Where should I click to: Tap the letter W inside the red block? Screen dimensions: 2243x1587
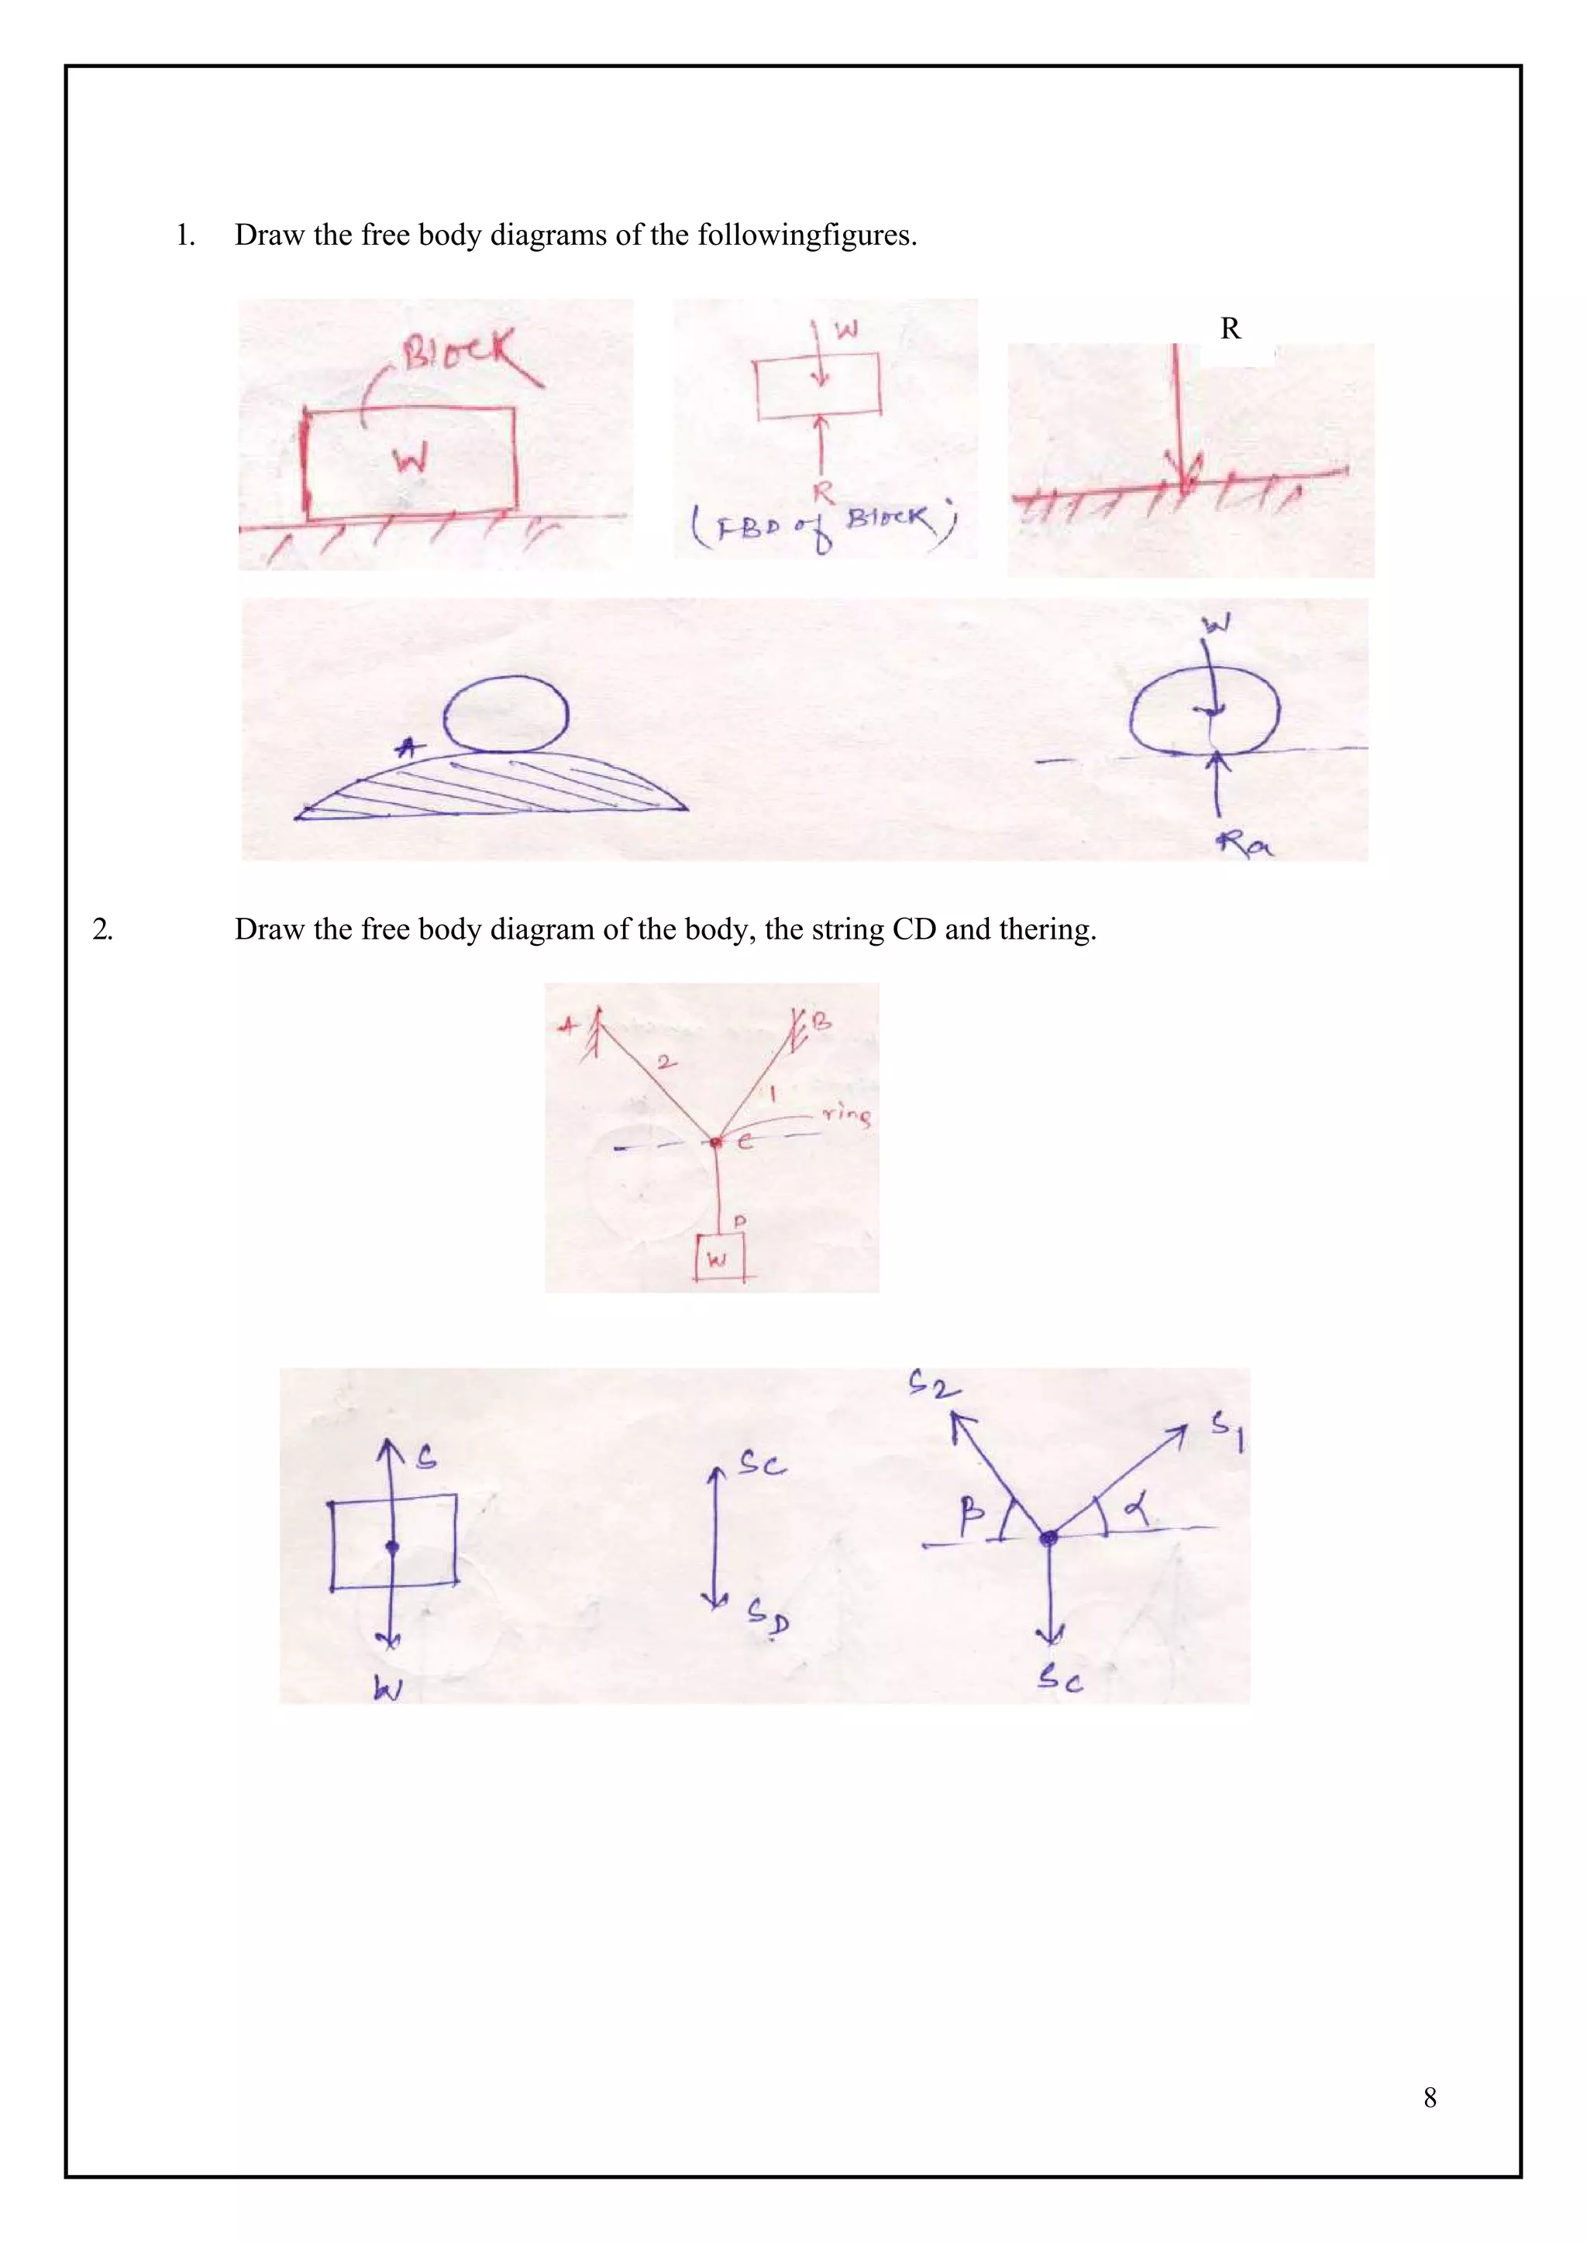coord(411,457)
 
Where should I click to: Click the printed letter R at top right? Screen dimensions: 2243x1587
coord(1231,329)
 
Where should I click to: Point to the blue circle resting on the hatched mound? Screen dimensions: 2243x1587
coord(505,714)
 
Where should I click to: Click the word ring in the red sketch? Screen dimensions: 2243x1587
coord(846,1113)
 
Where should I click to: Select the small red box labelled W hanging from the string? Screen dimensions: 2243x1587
coord(719,1257)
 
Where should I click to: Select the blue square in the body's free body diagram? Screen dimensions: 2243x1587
coord(393,1541)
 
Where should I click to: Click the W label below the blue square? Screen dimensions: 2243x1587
coord(387,1688)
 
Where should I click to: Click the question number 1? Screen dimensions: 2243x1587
coord(184,235)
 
